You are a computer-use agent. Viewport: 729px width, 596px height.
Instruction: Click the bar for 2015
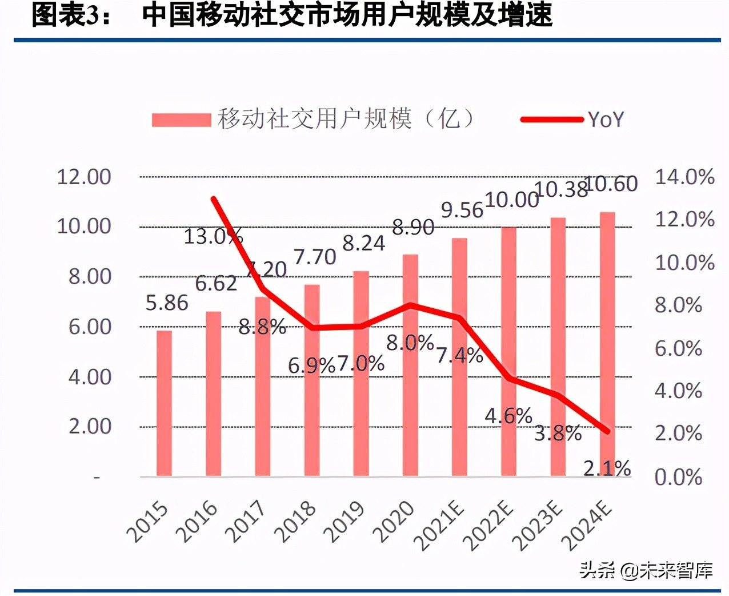(x=165, y=403)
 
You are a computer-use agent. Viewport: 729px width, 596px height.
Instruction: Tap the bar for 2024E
(x=607, y=343)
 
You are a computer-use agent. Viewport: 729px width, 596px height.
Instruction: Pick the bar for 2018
(x=312, y=380)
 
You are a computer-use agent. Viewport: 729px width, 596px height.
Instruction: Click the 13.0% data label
(x=213, y=236)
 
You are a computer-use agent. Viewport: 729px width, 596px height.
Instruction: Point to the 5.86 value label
(x=167, y=303)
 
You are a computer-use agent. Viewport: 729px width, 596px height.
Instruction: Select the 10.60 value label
(x=611, y=184)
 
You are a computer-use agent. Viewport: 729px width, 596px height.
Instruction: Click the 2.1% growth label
(x=607, y=468)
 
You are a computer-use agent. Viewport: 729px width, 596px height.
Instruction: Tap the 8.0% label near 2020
(x=410, y=343)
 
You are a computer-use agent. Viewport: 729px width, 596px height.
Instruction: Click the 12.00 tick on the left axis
(x=84, y=177)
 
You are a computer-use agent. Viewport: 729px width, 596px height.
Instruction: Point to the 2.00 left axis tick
(x=90, y=427)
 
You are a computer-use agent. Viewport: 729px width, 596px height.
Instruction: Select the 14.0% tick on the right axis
(x=684, y=177)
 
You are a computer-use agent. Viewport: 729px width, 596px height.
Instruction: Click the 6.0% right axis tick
(x=678, y=348)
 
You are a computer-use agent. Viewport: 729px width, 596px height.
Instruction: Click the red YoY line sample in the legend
(x=551, y=120)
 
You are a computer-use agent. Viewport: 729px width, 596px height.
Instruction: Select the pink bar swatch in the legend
(x=181, y=120)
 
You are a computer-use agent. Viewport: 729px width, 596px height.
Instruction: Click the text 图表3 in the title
(x=66, y=15)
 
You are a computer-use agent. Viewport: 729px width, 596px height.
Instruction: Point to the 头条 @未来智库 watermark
(x=646, y=570)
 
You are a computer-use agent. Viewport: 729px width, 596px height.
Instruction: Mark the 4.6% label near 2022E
(x=508, y=416)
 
